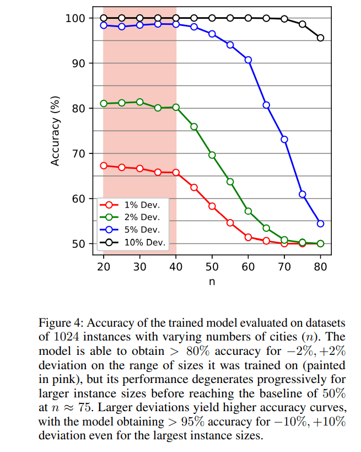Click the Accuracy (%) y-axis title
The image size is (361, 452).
pyautogui.click(x=55, y=131)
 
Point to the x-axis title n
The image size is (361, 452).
pyautogui.click(x=212, y=281)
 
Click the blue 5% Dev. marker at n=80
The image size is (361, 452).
pyautogui.click(x=320, y=224)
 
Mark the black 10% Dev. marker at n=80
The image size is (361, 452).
pyautogui.click(x=320, y=38)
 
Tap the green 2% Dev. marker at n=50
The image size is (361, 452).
pyautogui.click(x=212, y=155)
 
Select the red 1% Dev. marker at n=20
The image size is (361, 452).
pyautogui.click(x=104, y=166)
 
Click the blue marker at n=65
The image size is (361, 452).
pyautogui.click(x=266, y=105)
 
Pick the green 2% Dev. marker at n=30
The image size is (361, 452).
pyautogui.click(x=139, y=102)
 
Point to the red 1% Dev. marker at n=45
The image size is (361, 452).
pyautogui.click(x=194, y=188)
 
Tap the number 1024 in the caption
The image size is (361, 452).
pyautogui.click(x=69, y=337)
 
